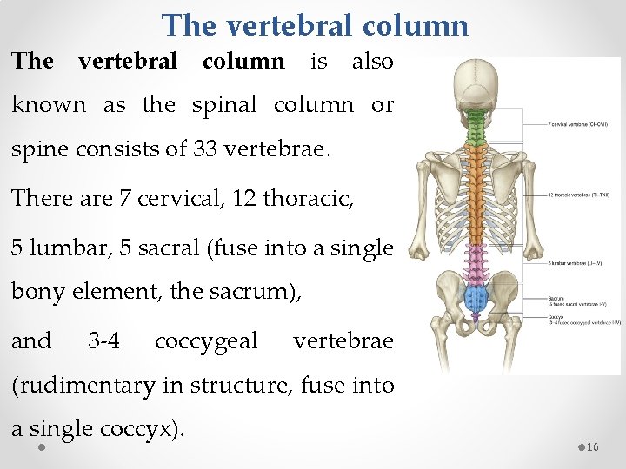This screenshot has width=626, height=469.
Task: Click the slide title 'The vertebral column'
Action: click(x=315, y=24)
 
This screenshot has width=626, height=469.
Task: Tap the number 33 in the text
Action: click(x=204, y=149)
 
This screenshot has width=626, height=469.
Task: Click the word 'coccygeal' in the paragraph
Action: click(x=206, y=340)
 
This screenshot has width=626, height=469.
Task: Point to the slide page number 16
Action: click(x=593, y=446)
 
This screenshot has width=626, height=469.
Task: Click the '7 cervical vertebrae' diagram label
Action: click(x=583, y=124)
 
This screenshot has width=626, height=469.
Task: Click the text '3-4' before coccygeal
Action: click(x=104, y=340)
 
